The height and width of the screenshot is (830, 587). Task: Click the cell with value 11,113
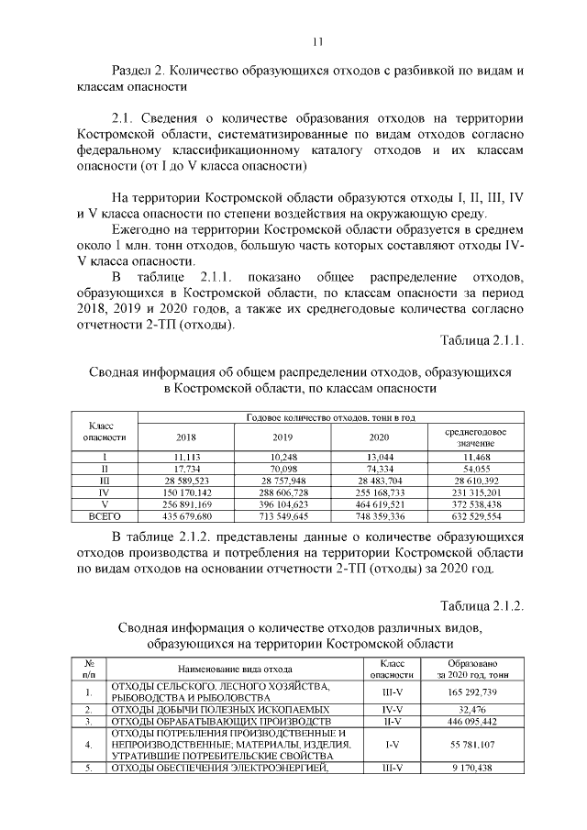pyautogui.click(x=185, y=456)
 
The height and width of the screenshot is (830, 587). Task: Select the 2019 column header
pyautogui.click(x=282, y=437)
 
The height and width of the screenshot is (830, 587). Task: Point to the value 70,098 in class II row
pyautogui.click(x=282, y=468)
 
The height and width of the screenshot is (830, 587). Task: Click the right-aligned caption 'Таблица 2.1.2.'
pyautogui.click(x=481, y=606)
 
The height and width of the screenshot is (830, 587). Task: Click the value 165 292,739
pyautogui.click(x=472, y=692)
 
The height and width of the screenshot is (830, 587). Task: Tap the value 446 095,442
pyautogui.click(x=472, y=722)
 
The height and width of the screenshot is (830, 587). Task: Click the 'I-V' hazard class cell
pyautogui.click(x=386, y=745)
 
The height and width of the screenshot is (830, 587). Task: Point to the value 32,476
pyautogui.click(x=472, y=710)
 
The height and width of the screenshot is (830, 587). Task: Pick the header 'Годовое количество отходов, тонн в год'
pyautogui.click(x=331, y=418)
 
